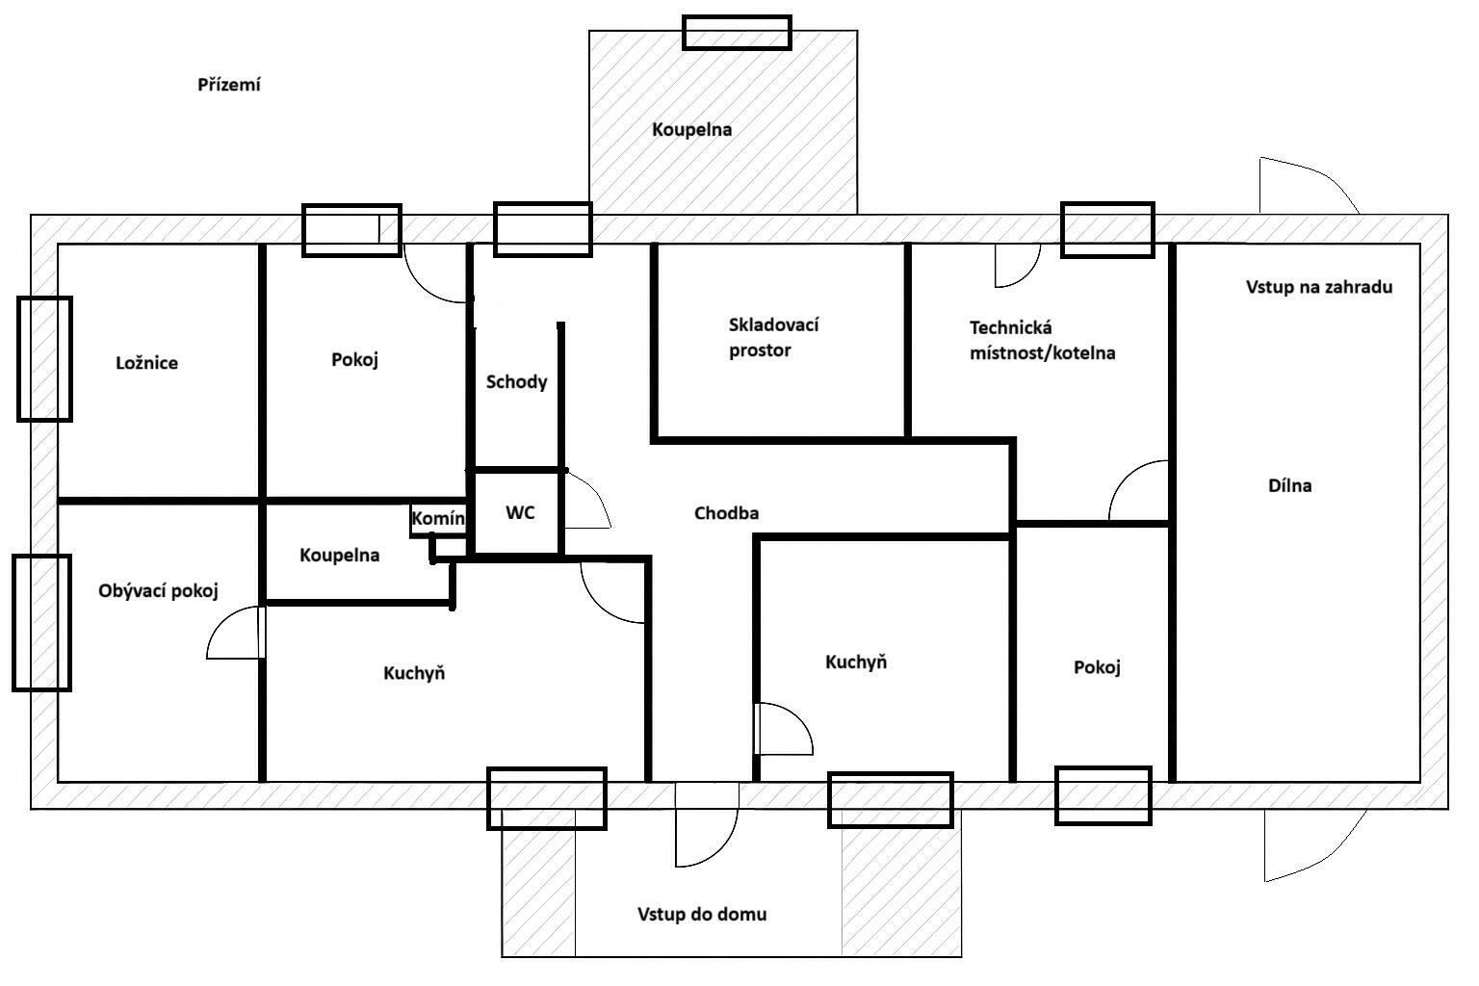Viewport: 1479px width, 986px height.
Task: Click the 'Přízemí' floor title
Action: (x=229, y=85)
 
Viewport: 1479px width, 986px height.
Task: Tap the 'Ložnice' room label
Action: (x=146, y=363)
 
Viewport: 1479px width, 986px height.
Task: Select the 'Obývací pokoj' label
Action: (x=158, y=591)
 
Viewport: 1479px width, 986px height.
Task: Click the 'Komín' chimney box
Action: (x=438, y=519)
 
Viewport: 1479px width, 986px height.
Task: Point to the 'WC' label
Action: (x=520, y=513)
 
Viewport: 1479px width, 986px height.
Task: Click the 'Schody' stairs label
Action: (x=516, y=381)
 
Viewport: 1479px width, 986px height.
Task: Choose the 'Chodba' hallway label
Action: (x=726, y=513)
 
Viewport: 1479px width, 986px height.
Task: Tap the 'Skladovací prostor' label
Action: (x=774, y=337)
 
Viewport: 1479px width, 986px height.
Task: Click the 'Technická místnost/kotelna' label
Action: (x=1042, y=340)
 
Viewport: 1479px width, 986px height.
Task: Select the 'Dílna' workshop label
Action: (x=1289, y=485)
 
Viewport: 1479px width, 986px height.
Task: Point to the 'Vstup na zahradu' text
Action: (x=1318, y=287)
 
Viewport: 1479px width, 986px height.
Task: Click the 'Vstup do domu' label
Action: (x=702, y=914)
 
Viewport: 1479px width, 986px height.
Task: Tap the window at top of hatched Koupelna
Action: (x=737, y=33)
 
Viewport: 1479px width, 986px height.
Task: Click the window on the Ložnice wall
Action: (x=44, y=359)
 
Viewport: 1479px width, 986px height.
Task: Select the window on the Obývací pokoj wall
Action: (x=41, y=622)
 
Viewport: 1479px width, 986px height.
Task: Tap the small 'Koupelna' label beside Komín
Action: (x=339, y=556)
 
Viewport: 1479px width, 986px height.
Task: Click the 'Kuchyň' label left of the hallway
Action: (x=414, y=673)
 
